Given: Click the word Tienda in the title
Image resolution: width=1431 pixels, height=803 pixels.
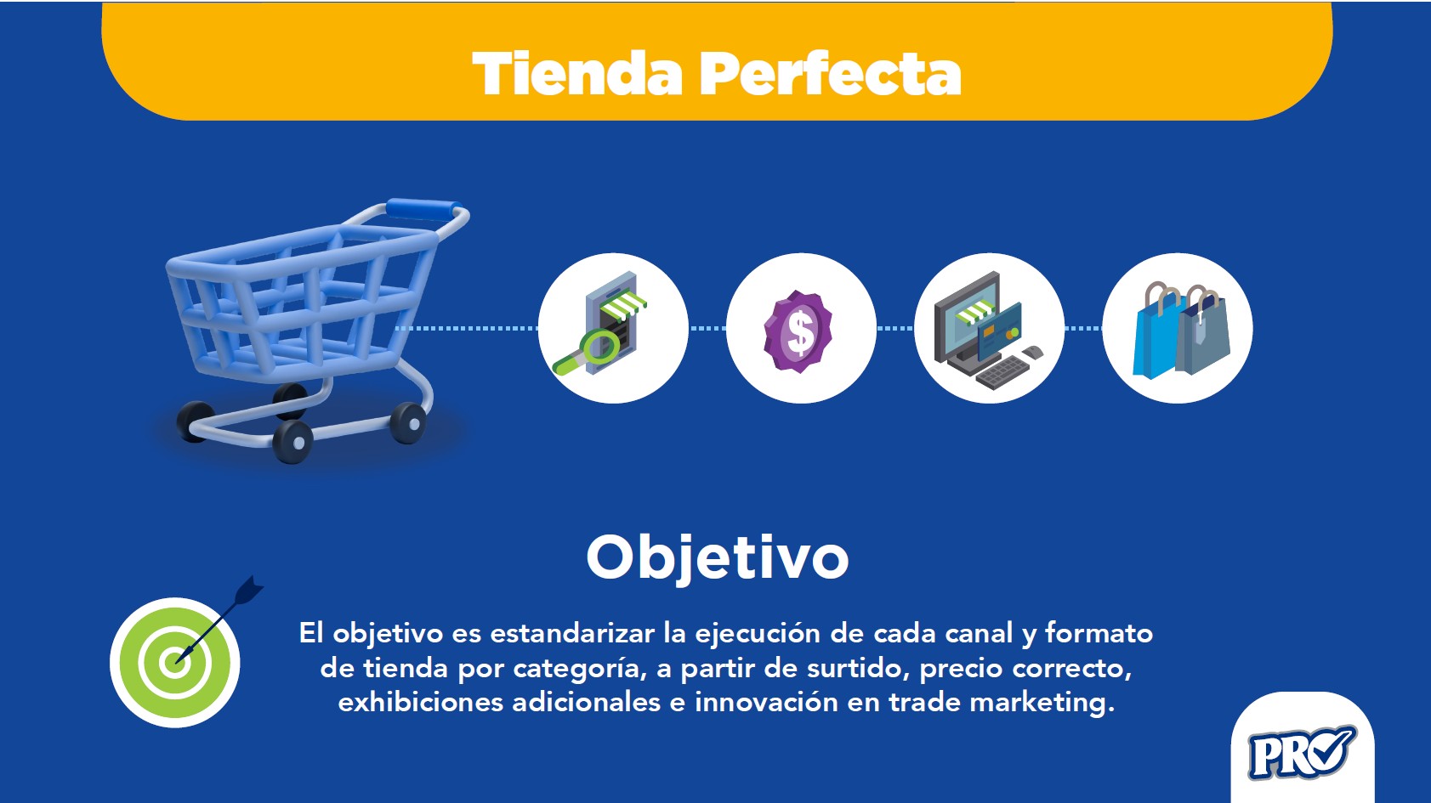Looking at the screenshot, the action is (x=578, y=73).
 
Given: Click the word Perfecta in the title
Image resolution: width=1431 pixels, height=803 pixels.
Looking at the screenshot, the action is (x=830, y=73).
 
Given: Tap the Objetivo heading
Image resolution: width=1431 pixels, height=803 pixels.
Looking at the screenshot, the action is (x=718, y=557).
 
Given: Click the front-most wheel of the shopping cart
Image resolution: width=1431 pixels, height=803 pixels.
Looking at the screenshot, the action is (x=292, y=442).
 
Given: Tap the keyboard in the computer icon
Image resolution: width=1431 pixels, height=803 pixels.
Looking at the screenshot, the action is (x=1002, y=372).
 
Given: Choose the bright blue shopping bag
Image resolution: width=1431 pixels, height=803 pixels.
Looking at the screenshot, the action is (x=1156, y=336).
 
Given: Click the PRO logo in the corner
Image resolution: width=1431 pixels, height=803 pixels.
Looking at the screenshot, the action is (x=1302, y=753).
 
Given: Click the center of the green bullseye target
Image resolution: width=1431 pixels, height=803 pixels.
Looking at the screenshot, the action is (x=174, y=662).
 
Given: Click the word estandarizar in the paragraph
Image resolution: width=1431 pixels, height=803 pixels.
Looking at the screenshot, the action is (x=571, y=633).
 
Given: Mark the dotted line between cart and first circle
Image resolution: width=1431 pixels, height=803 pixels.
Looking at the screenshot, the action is (x=466, y=328).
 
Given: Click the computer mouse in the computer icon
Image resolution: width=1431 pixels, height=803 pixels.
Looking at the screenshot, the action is (x=1032, y=352).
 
